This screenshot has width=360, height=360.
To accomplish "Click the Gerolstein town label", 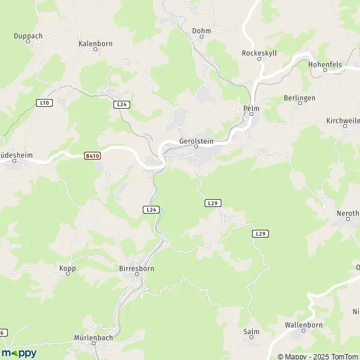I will tap(196, 141).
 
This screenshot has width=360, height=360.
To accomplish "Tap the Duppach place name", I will tap(28, 36).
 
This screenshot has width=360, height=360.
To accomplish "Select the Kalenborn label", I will tap(94, 44).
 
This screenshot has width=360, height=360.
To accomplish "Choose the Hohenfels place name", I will tap(325, 63).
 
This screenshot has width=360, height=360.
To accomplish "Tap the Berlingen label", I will tap(299, 97).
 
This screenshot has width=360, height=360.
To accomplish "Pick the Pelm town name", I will tap(251, 108).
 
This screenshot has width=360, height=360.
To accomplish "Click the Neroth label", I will tap(349, 212).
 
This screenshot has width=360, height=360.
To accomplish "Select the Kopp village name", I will tap(68, 268).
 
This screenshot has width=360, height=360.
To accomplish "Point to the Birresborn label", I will tap(137, 268).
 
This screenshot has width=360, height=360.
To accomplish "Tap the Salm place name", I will tap(251, 331).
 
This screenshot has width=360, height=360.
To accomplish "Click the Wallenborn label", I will tap(304, 325).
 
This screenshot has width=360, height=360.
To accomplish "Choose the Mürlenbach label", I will tap(94, 337).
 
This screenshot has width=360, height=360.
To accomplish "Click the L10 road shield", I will tap(44, 103).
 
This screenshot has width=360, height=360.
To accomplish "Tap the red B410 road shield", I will tap(91, 156).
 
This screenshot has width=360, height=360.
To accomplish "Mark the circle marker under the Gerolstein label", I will tap(196, 146).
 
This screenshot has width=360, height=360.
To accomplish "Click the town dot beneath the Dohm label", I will tap(202, 36).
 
